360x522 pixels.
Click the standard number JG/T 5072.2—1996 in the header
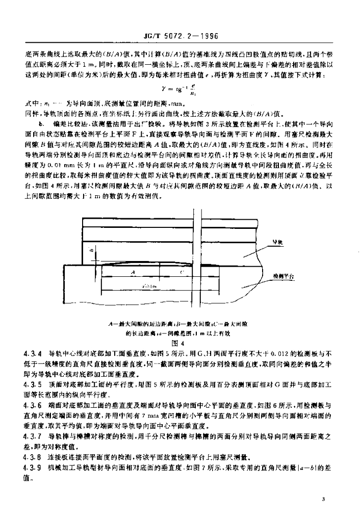pyautogui.click(x=179, y=37)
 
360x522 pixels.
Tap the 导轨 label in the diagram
pyautogui.click(x=278, y=244)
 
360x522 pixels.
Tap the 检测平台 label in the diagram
pyautogui.click(x=283, y=275)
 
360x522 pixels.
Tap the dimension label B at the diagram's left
pyautogui.click(x=89, y=250)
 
